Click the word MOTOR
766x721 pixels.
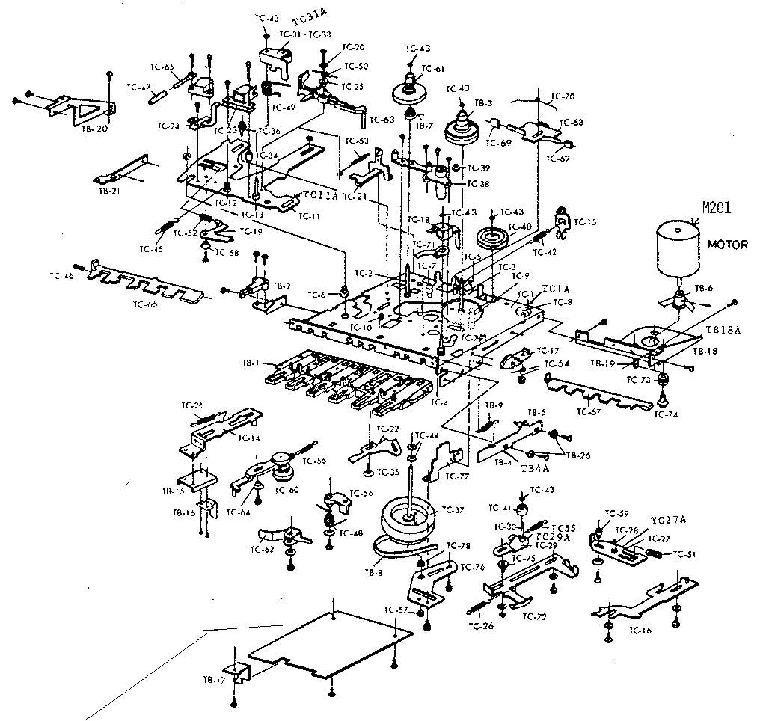(x=727, y=245)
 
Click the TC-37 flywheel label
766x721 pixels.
(x=453, y=510)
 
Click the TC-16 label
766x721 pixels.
(x=640, y=631)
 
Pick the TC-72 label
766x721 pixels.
(x=535, y=616)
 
